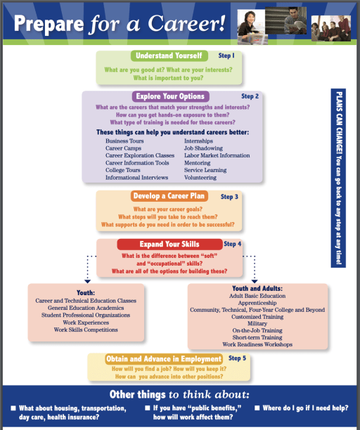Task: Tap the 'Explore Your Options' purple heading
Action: click(169, 96)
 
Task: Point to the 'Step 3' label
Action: click(229, 197)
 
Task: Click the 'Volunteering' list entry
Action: click(202, 177)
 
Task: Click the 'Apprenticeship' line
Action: click(257, 303)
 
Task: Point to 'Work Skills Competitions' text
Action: click(86, 330)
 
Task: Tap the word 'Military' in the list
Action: click(257, 323)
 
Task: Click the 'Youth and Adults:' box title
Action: click(257, 288)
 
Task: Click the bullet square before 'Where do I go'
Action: click(258, 408)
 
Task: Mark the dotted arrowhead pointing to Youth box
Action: click(86, 280)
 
